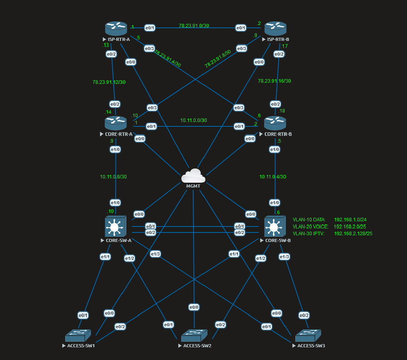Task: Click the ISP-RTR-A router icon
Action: coord(116,29)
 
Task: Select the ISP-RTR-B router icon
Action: coord(275,29)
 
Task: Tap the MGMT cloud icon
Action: coord(193,176)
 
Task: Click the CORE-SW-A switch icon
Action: coord(115,226)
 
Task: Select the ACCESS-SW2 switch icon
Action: coord(194,336)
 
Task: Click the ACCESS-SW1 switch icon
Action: coord(78,336)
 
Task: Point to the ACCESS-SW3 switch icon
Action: coord(308,336)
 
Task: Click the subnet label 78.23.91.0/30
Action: coord(194,25)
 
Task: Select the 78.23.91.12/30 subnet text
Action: coord(109,82)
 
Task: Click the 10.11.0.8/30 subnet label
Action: coord(113,176)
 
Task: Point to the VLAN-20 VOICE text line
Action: coord(310,226)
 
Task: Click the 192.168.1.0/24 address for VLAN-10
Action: coord(350,219)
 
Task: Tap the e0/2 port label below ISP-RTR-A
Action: coord(111,54)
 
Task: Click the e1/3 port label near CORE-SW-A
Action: coord(155,254)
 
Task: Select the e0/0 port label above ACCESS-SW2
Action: coord(194,307)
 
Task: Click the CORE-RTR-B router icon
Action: coord(275,123)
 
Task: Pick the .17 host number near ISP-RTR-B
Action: coord(284,46)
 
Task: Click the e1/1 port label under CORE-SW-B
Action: coord(234,254)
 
